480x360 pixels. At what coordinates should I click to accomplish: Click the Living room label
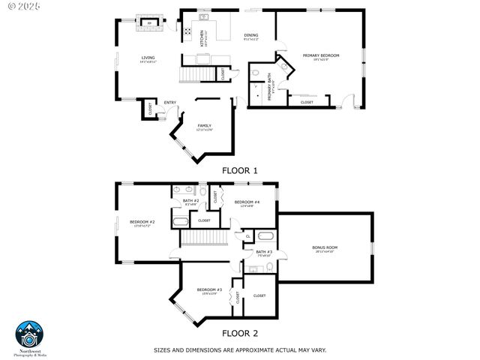click(148, 59)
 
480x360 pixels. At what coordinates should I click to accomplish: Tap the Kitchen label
click(202, 37)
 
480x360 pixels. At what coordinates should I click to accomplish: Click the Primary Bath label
click(271, 88)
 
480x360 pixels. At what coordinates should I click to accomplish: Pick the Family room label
click(205, 127)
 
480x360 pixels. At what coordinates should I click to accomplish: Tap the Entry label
click(170, 103)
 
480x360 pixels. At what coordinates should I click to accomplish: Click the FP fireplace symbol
click(149, 24)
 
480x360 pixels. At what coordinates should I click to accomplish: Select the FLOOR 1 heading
click(240, 170)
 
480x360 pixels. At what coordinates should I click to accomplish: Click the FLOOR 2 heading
click(240, 333)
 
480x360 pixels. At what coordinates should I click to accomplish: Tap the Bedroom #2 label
click(142, 223)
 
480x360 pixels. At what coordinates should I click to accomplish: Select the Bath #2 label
click(191, 202)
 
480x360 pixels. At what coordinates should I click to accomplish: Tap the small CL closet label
click(247, 236)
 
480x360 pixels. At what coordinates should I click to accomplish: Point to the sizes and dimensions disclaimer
click(239, 349)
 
